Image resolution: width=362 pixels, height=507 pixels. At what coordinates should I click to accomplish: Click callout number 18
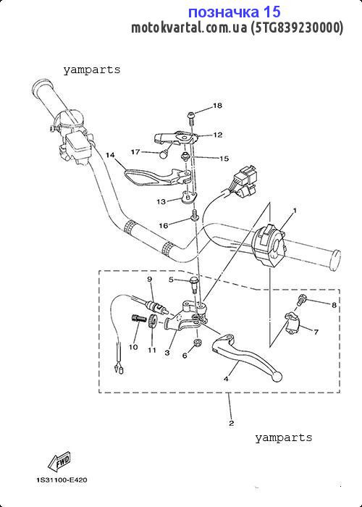(x=217, y=106)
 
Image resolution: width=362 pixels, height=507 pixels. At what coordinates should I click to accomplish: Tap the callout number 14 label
(x=110, y=155)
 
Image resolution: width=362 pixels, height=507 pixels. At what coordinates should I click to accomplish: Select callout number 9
(x=150, y=279)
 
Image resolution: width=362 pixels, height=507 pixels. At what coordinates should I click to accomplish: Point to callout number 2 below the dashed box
(x=232, y=423)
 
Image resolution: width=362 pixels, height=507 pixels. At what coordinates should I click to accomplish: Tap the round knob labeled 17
(x=164, y=154)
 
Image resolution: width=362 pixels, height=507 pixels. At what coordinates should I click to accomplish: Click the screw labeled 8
(x=301, y=301)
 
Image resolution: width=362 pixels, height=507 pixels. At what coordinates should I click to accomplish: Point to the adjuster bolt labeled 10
(x=137, y=319)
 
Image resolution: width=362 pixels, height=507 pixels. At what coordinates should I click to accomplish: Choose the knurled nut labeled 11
(x=153, y=321)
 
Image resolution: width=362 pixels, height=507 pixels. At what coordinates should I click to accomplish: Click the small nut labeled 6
(x=197, y=343)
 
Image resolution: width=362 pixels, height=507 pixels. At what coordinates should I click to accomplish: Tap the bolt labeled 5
(x=194, y=284)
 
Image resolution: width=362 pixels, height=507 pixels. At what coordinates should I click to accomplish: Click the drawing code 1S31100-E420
(x=62, y=480)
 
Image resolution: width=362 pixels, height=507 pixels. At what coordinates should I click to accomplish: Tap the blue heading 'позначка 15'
(x=235, y=12)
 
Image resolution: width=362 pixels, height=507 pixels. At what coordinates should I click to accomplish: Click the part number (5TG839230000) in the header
(x=296, y=28)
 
